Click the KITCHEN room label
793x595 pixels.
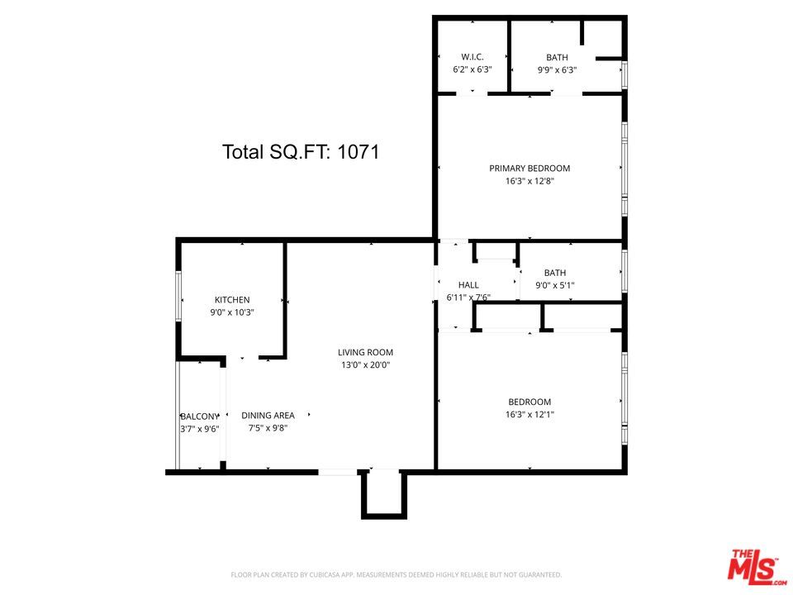[x=232, y=300]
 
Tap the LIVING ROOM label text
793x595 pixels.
[x=365, y=352]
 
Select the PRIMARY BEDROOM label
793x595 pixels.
[x=529, y=169]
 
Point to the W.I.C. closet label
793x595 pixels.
[x=472, y=57]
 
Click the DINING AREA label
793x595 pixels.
[x=268, y=416]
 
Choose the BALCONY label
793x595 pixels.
[x=199, y=416]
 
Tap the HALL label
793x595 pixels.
[x=468, y=285]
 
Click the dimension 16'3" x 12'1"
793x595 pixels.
[x=529, y=415]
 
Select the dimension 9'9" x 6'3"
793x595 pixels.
[x=557, y=70]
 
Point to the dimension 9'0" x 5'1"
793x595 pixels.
[x=555, y=286]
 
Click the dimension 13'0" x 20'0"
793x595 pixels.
[x=365, y=364]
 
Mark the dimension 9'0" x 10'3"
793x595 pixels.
[x=232, y=312]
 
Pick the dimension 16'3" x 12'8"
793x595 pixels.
[x=529, y=181]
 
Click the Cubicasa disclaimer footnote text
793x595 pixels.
[x=396, y=574]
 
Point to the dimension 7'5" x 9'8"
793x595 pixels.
[x=268, y=428]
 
